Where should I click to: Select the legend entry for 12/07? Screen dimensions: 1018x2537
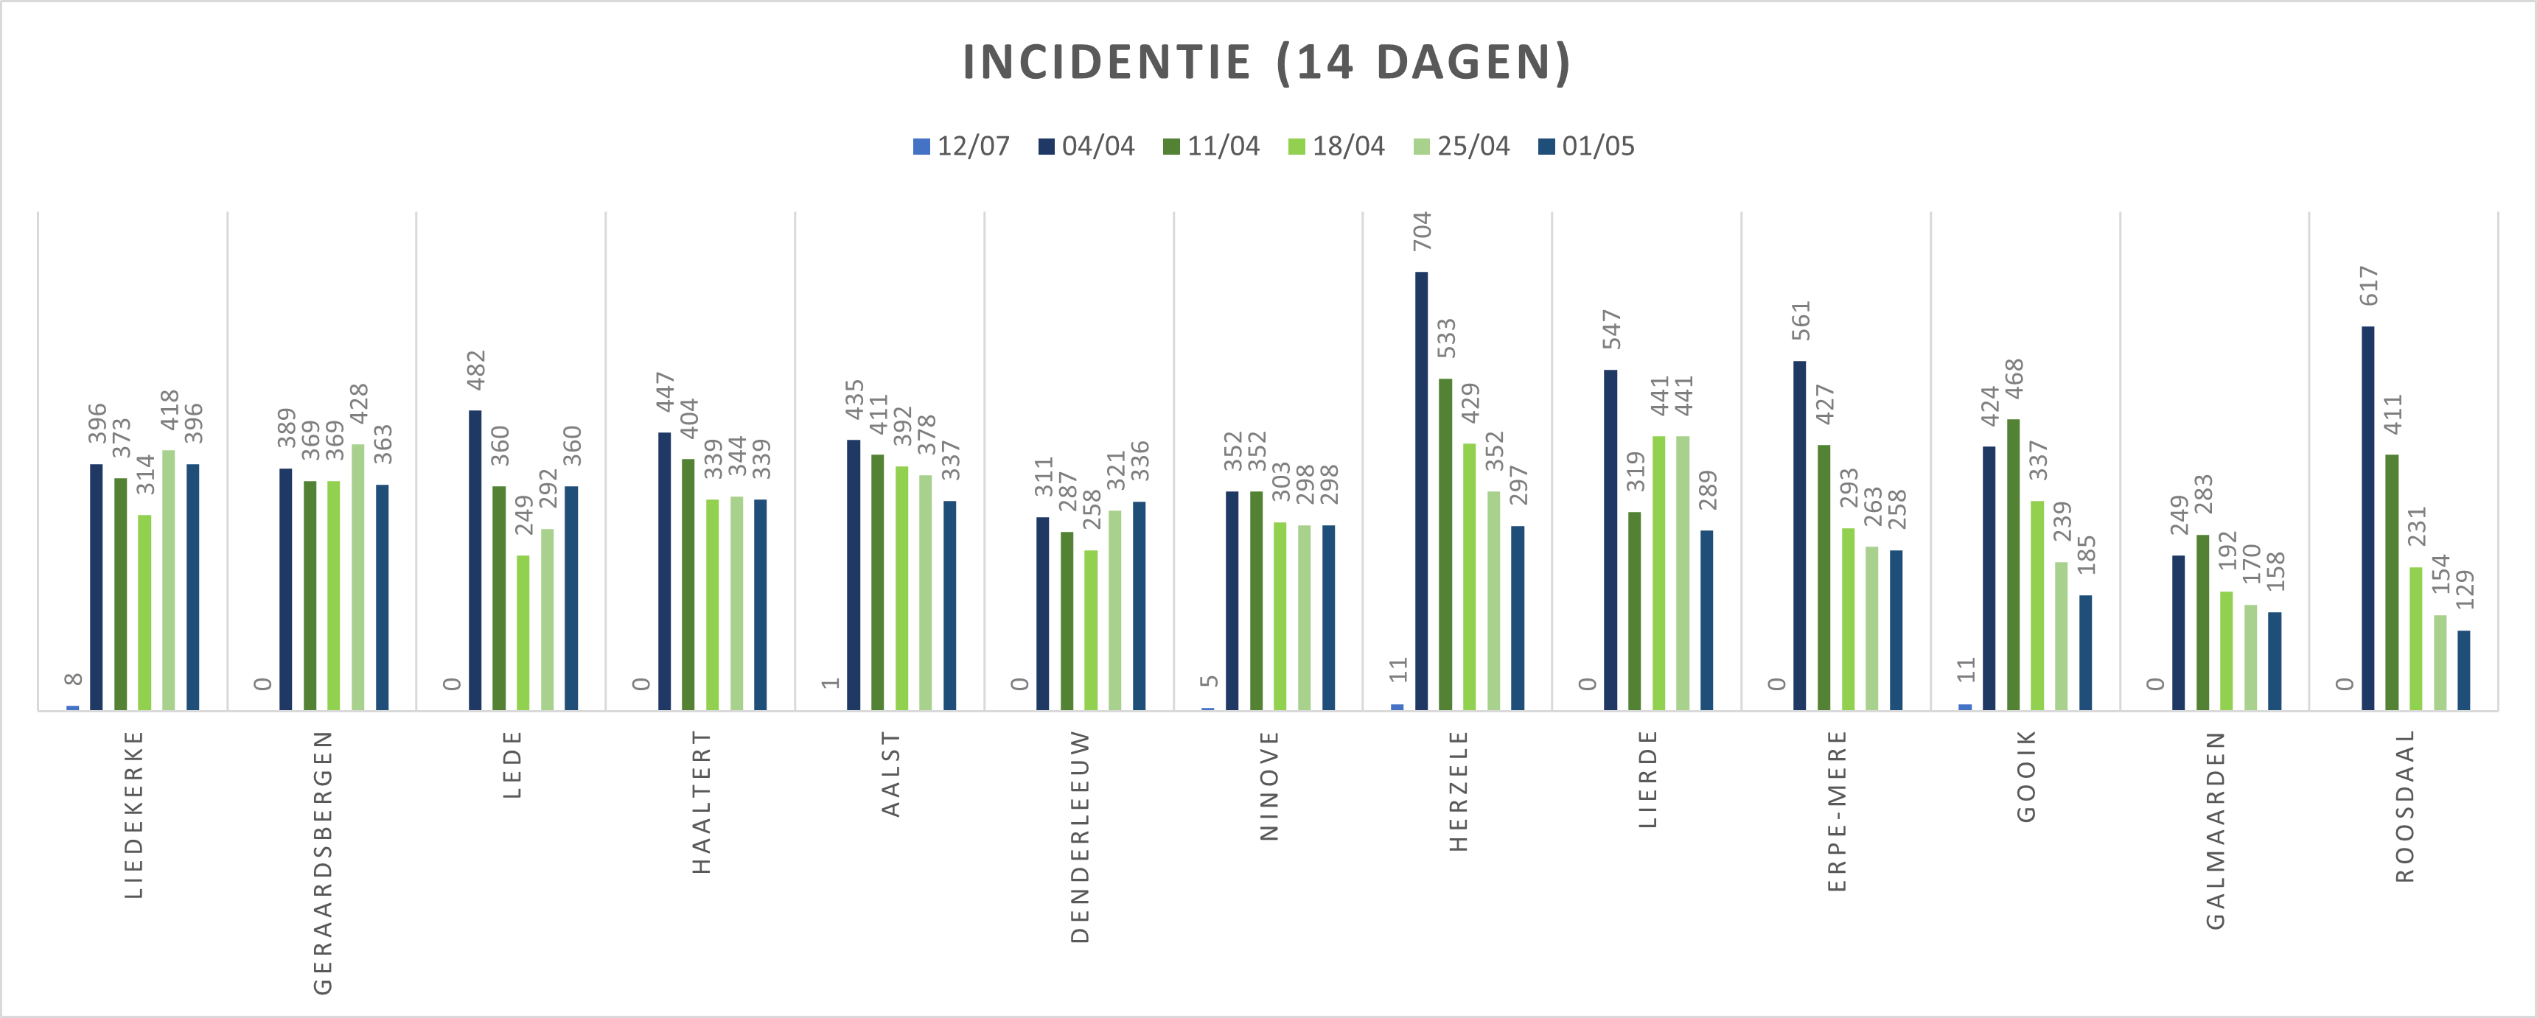[961, 147]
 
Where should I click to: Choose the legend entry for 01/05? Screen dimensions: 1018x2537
[1587, 147]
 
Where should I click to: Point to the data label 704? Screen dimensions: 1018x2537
[1422, 231]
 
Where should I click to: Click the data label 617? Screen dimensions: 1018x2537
[2369, 286]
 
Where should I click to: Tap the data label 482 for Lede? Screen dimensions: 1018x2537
[475, 371]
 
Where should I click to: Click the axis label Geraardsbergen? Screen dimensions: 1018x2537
[323, 863]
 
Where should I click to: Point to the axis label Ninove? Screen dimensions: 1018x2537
[1268, 786]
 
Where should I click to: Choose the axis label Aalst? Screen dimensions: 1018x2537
[890, 774]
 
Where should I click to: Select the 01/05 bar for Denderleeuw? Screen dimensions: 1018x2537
[1139, 605]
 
